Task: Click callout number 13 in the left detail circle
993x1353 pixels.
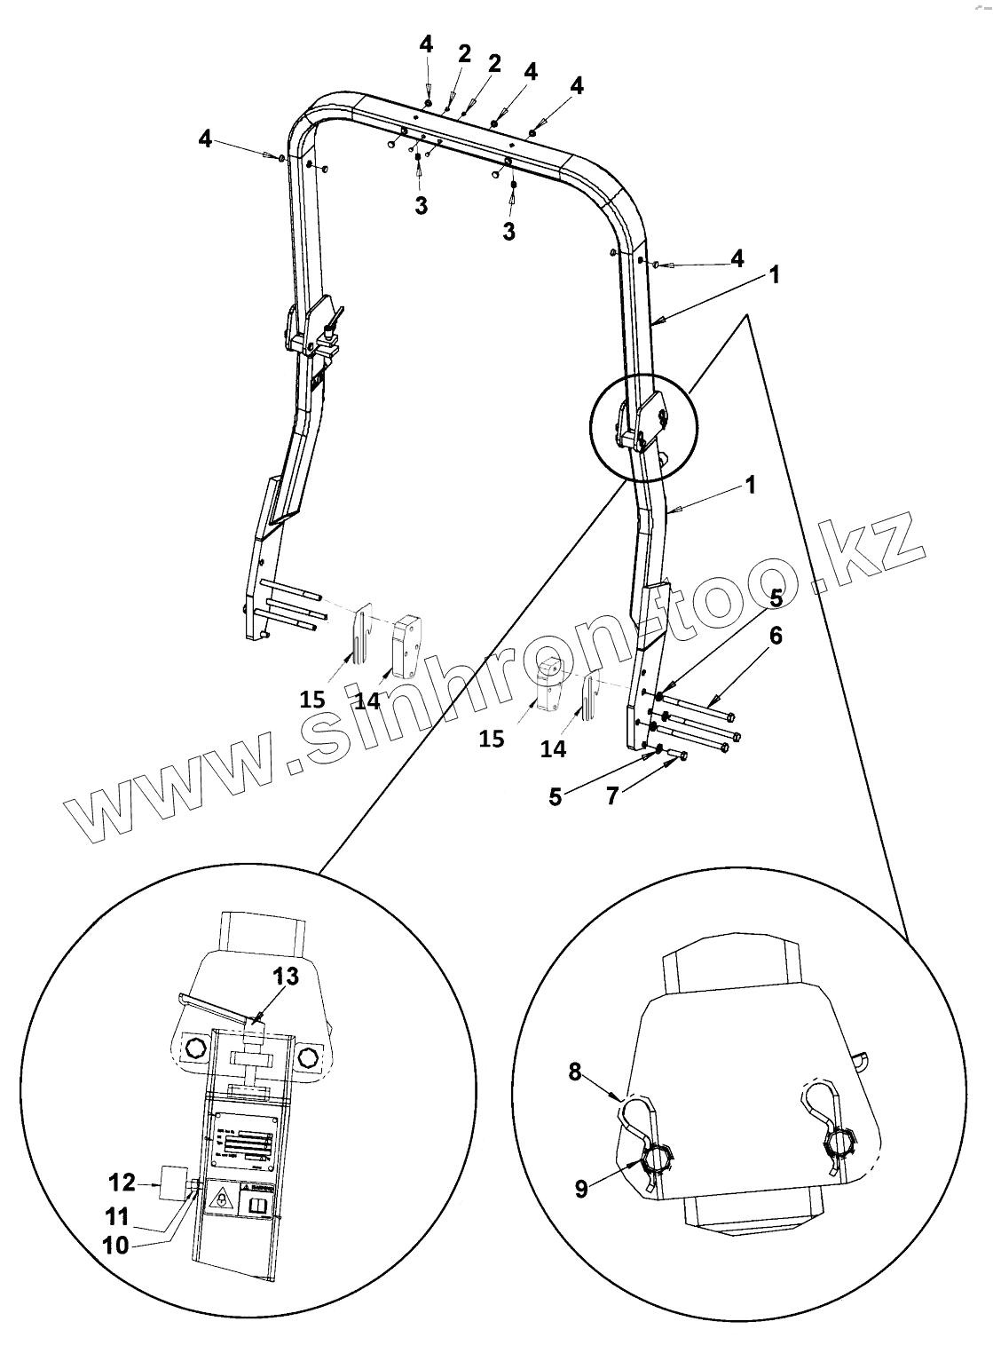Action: (285, 976)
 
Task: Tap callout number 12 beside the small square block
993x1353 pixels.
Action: (122, 1182)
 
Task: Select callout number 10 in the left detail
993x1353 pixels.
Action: (116, 1245)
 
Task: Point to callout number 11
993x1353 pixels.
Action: (116, 1215)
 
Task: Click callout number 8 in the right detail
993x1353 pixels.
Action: (575, 1073)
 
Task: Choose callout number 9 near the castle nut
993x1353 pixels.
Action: (581, 1188)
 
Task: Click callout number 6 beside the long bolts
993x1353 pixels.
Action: (776, 636)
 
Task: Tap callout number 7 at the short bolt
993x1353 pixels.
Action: (612, 795)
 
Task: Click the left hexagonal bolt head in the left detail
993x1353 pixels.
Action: (191, 1054)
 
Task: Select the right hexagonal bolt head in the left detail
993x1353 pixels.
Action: (308, 1056)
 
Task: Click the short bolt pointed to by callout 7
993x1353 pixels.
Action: (679, 756)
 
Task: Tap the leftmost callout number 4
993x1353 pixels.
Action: (206, 138)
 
